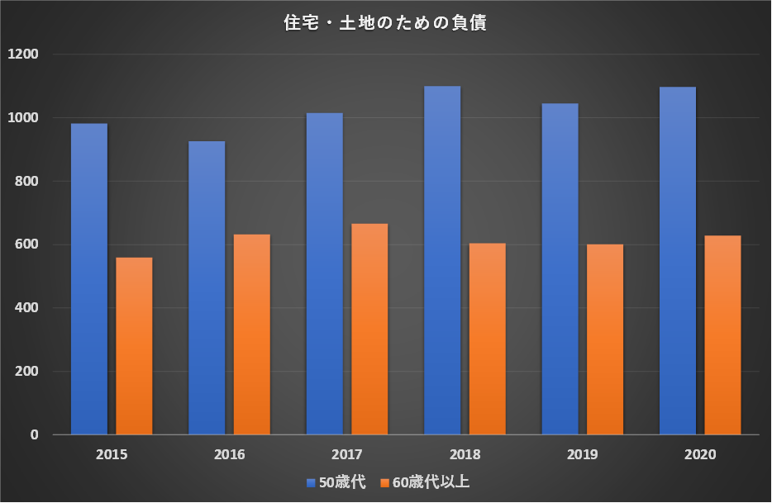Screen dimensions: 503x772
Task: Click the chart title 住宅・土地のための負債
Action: [x=385, y=24]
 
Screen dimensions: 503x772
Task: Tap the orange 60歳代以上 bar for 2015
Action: [x=134, y=346]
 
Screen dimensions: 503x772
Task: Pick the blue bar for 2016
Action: [x=207, y=288]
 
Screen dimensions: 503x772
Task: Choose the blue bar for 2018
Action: [x=442, y=260]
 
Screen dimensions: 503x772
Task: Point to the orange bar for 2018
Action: [x=487, y=339]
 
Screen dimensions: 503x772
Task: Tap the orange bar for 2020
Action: [x=722, y=335]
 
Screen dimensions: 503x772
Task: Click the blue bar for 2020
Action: [x=677, y=261]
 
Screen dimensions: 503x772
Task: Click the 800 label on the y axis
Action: [x=27, y=182]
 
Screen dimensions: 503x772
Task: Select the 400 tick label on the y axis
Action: [x=27, y=308]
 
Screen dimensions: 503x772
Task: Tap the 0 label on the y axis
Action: [x=35, y=435]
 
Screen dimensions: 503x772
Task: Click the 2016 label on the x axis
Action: [x=229, y=454]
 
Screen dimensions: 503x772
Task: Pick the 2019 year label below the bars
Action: [x=582, y=454]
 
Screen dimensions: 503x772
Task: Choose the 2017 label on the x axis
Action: [x=347, y=454]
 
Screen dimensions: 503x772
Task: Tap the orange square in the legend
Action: [x=385, y=482]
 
